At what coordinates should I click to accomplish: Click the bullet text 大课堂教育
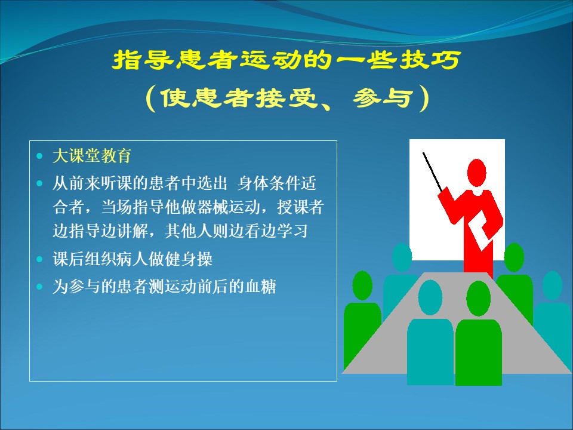point(92,156)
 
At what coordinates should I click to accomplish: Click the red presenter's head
point(476,173)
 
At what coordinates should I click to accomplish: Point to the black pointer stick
point(433,172)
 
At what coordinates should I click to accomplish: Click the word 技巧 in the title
point(430,60)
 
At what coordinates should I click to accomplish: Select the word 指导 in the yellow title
point(143,60)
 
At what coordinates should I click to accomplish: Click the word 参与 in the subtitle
point(383,98)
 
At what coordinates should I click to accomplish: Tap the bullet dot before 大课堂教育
point(40,156)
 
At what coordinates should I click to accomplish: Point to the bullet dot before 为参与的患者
point(40,287)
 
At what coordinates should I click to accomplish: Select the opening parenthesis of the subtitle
point(150,98)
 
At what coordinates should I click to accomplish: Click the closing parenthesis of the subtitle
point(424,98)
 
